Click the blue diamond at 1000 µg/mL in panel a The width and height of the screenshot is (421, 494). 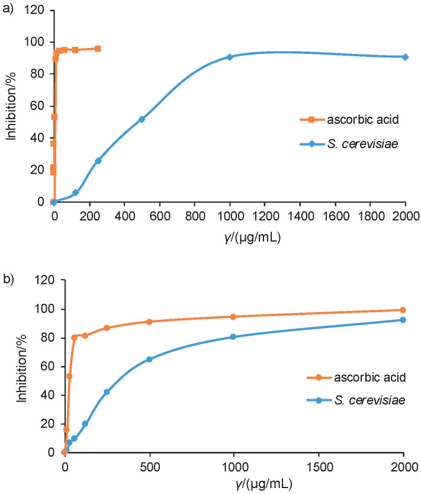230,57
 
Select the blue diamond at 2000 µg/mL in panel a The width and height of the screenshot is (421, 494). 406,57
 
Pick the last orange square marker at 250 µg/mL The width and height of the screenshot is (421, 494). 98,49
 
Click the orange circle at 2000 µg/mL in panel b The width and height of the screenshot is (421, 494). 403,310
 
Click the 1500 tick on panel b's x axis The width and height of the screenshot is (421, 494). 319,465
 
